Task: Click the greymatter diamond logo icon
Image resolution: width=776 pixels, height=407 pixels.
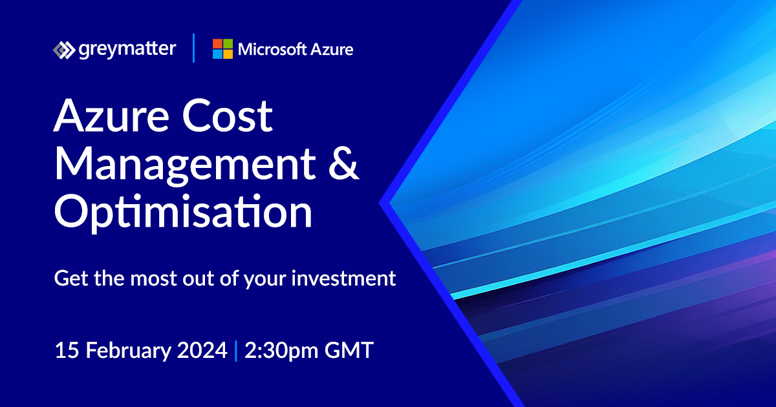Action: [63, 50]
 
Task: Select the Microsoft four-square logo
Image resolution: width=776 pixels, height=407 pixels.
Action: [222, 49]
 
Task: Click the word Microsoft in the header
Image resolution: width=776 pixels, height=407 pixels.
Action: [271, 49]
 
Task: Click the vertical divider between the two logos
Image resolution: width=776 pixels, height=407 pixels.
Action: [194, 49]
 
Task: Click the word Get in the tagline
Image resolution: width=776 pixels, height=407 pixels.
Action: [69, 279]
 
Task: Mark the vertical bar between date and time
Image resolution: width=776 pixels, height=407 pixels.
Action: [236, 351]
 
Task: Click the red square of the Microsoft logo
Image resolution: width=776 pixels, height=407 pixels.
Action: [217, 44]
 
